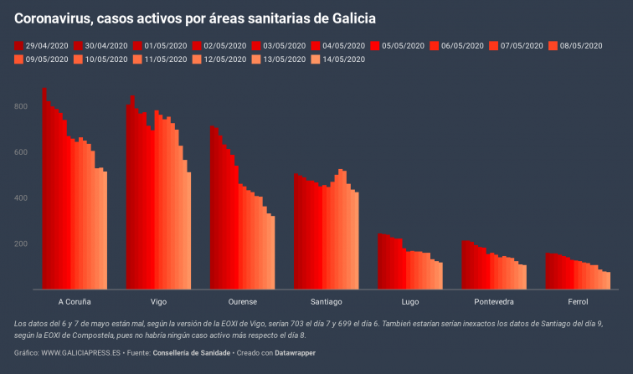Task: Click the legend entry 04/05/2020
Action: pyautogui.click(x=337, y=46)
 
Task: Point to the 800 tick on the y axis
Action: pyautogui.click(x=23, y=107)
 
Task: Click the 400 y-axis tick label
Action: pyautogui.click(x=23, y=198)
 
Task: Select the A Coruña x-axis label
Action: pyautogui.click(x=75, y=301)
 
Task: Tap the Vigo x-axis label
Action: pyautogui.click(x=158, y=301)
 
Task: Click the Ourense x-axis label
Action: pyautogui.click(x=242, y=301)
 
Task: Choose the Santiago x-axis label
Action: pyautogui.click(x=326, y=301)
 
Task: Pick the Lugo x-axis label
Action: pyautogui.click(x=410, y=301)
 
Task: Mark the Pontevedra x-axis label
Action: pyautogui.click(x=494, y=301)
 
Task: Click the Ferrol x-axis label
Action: pyautogui.click(x=578, y=301)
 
